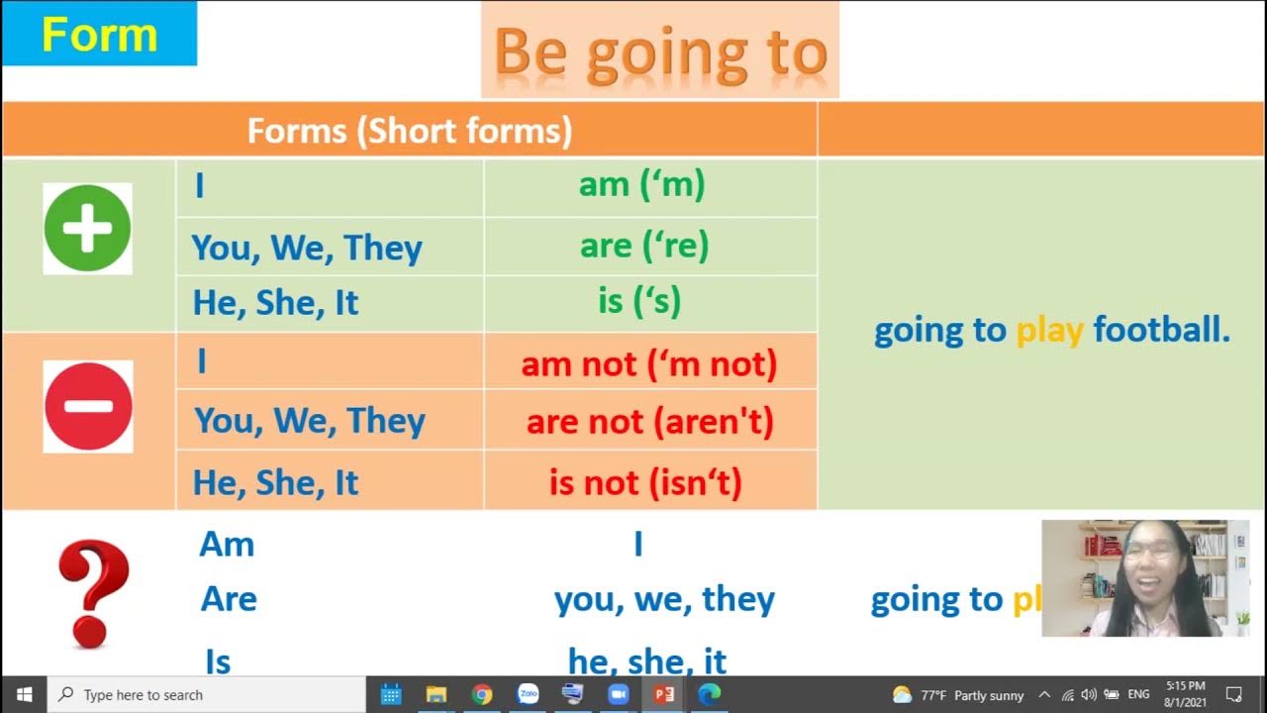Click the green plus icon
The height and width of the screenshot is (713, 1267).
point(87,229)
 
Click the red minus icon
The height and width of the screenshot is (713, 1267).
point(87,406)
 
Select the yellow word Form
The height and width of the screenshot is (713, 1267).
point(99,35)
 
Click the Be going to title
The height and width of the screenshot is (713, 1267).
point(659,51)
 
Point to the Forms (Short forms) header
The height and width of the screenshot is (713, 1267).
point(409,131)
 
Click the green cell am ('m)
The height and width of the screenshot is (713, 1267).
point(641,185)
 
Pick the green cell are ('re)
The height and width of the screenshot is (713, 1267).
point(644,246)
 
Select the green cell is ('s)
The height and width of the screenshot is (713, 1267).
point(639,301)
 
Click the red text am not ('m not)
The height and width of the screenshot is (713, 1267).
point(649,363)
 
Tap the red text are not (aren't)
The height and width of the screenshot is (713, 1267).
point(649,423)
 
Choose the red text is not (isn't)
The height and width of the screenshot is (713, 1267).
point(645,483)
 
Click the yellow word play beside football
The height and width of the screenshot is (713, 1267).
point(1049,331)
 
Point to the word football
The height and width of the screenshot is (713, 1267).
point(1161,330)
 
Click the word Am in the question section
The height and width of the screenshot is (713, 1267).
point(227,544)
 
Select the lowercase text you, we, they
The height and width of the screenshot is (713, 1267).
point(664,599)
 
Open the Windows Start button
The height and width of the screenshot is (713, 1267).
point(24,694)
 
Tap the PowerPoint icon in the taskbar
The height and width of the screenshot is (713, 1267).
point(664,694)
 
